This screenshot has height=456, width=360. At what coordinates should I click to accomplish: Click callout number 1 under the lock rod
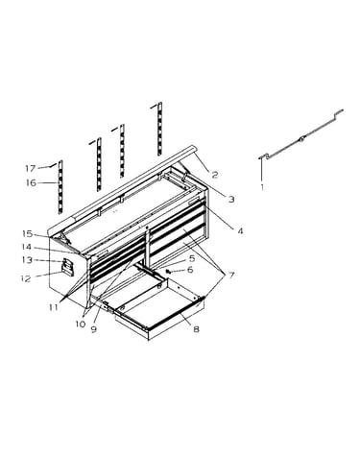click(262, 187)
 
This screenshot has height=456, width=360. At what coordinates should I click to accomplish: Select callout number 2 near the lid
click(215, 175)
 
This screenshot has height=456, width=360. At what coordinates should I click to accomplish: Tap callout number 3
click(231, 200)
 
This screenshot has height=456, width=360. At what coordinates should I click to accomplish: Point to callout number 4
click(240, 230)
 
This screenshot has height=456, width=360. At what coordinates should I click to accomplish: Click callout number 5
click(192, 258)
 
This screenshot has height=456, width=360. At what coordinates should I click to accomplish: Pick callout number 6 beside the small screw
click(190, 270)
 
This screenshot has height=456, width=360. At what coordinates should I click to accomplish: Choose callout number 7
click(231, 275)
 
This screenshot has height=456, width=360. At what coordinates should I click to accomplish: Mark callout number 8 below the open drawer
click(196, 328)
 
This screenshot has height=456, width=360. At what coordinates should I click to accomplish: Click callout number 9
click(93, 329)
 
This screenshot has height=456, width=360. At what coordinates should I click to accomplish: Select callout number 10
click(81, 324)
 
